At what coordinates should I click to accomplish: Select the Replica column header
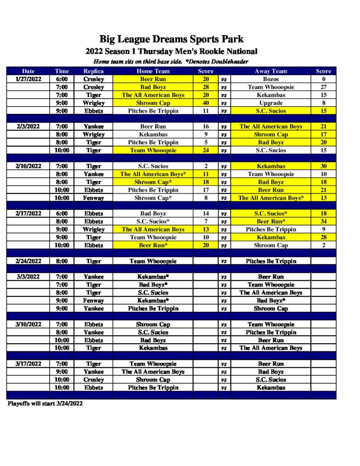(93, 71)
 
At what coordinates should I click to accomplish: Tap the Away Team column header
(271, 71)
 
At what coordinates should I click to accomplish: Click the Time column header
(62, 71)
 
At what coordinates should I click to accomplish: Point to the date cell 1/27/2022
(28, 79)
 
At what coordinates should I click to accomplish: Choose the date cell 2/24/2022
(28, 261)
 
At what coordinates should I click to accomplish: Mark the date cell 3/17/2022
(28, 364)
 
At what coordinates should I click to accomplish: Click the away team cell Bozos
(271, 79)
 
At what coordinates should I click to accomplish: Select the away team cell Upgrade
(271, 103)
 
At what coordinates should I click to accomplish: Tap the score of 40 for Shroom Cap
(206, 103)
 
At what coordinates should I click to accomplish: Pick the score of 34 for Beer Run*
(324, 222)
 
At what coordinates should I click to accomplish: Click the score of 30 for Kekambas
(324, 166)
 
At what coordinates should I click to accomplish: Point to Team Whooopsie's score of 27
(324, 87)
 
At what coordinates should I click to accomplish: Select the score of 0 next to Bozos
(324, 79)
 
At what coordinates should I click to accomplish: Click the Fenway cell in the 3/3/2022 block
(93, 300)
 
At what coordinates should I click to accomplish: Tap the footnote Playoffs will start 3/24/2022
(45, 404)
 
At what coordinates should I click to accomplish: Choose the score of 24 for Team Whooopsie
(206, 150)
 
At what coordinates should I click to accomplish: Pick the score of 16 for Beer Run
(206, 127)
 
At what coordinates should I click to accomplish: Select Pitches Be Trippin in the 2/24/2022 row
(271, 261)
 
